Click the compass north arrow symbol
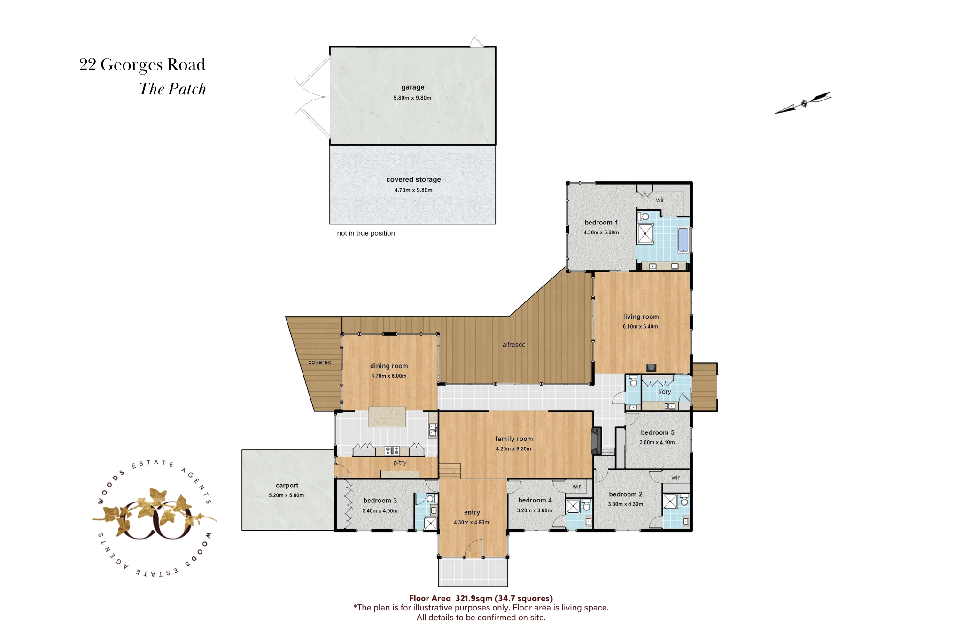tap(803, 103)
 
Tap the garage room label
tap(413, 87)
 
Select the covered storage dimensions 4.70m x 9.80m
tap(413, 190)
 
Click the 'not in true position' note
tap(366, 233)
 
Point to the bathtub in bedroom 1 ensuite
tap(683, 239)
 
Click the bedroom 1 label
tap(601, 223)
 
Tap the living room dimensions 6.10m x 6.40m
tap(641, 327)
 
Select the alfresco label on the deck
tap(514, 345)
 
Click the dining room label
tap(389, 366)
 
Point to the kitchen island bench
tap(387, 417)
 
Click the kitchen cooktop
tap(392, 451)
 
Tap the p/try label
tap(400, 463)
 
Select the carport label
tap(287, 486)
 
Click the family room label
tap(514, 439)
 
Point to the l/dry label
tap(665, 392)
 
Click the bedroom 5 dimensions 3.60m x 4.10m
tap(657, 442)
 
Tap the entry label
tap(472, 512)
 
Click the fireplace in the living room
tap(651, 368)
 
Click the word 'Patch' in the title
tap(187, 89)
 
